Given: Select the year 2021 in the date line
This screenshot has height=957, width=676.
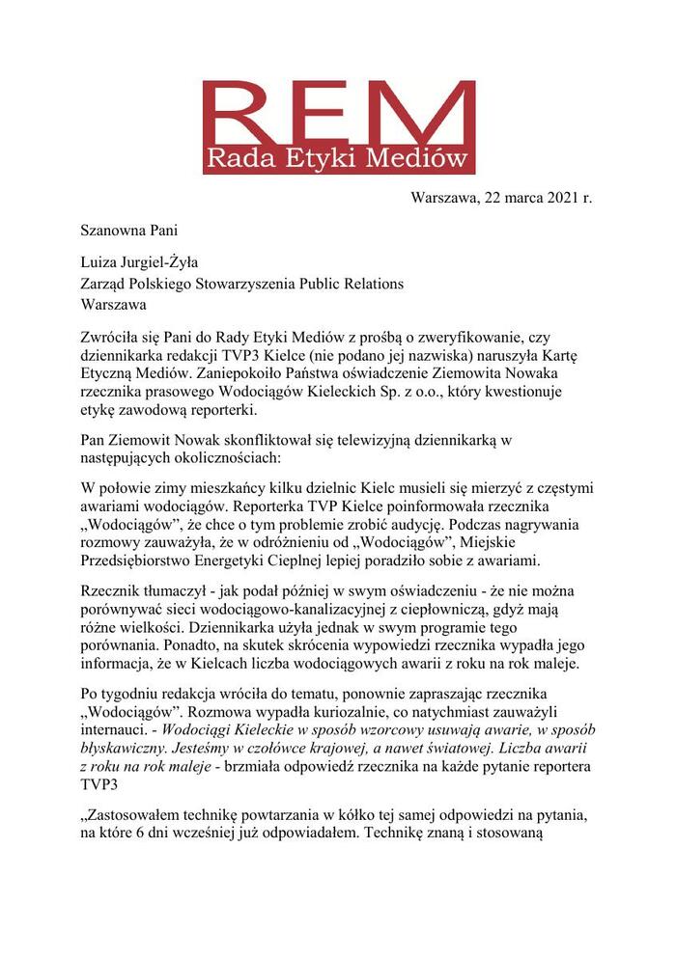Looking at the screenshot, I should click(x=559, y=199).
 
